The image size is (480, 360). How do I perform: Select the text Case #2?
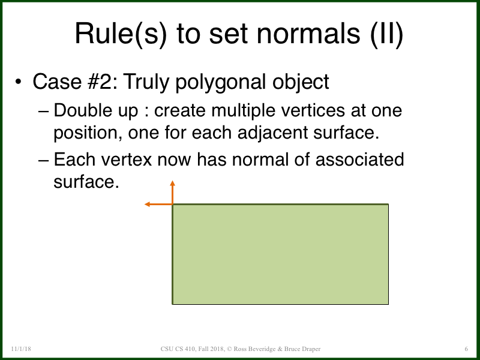pyautogui.click(x=71, y=81)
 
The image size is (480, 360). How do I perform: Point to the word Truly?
pyautogui.click(x=146, y=81)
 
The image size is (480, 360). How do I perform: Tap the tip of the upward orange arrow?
pyautogui.click(x=173, y=181)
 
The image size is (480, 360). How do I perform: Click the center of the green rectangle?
pyautogui.click(x=281, y=254)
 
